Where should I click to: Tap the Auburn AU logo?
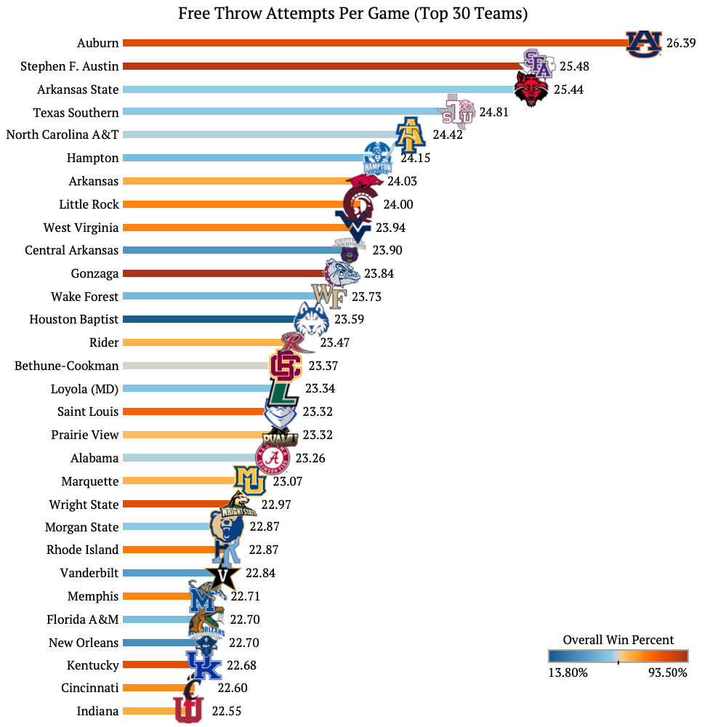[644, 44]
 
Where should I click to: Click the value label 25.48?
[574, 66]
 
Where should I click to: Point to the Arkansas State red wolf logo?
[532, 89]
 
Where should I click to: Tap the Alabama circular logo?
[273, 459]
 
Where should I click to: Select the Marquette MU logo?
[251, 480]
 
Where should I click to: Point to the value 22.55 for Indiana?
[227, 711]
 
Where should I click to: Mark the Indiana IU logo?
[190, 710]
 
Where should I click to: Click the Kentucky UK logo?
[204, 664]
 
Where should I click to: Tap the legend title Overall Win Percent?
[618, 640]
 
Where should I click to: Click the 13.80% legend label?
[567, 672]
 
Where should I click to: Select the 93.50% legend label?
[667, 672]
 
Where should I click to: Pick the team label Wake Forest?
[84, 297]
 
